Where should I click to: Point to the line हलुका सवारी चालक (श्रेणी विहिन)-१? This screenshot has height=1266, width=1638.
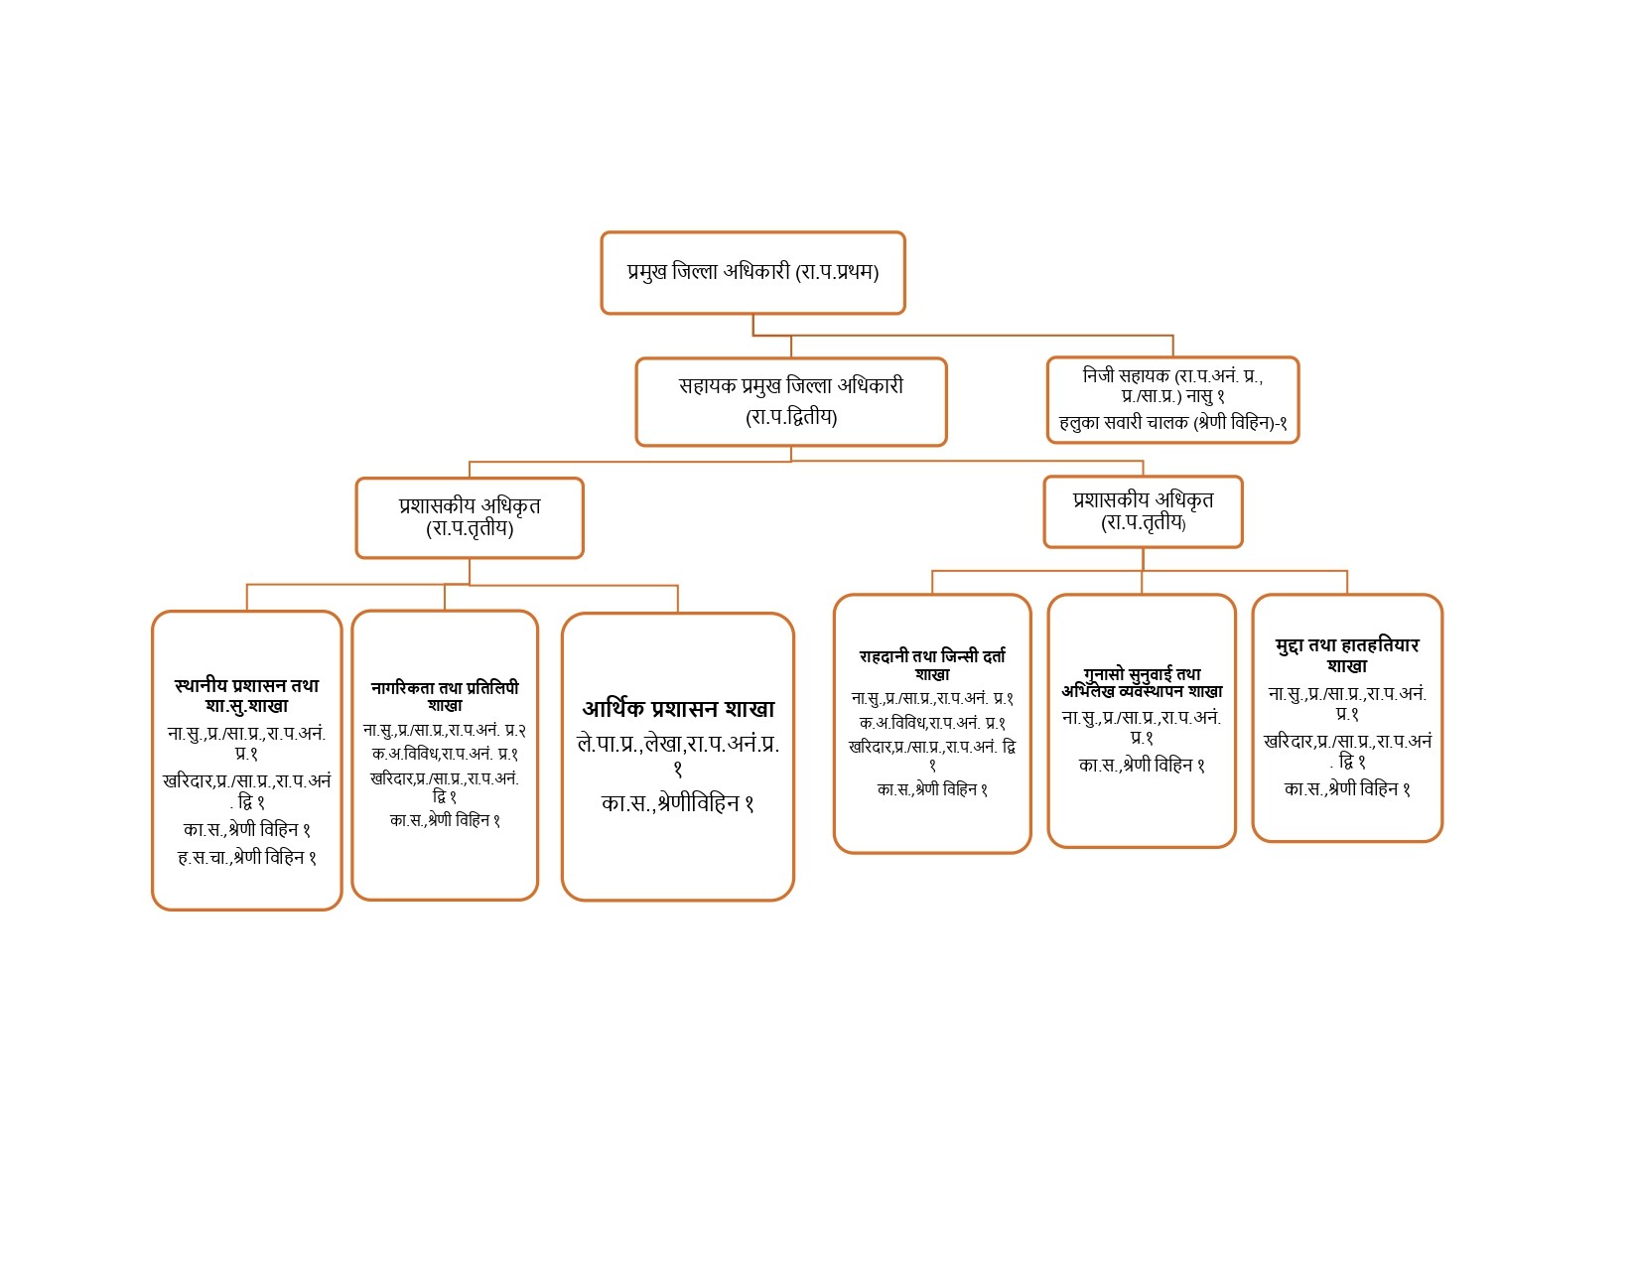[x=1172, y=422]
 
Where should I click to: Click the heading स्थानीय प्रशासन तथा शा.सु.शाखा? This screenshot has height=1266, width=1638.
[x=246, y=695]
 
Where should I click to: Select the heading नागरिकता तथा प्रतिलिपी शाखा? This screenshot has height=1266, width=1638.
[x=445, y=696]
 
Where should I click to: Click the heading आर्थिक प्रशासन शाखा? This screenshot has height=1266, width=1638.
[x=678, y=709]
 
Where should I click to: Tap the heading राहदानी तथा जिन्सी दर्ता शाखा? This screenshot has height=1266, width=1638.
[x=932, y=664]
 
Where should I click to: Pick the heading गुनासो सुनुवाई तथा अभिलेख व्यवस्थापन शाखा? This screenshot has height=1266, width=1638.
[x=1142, y=682]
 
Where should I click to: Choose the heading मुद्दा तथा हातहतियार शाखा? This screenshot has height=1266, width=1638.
[x=1346, y=654]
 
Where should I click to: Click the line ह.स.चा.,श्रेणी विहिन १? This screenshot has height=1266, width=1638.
[x=246, y=857]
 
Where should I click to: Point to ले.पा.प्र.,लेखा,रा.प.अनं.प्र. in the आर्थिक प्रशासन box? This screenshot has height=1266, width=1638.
[x=678, y=744]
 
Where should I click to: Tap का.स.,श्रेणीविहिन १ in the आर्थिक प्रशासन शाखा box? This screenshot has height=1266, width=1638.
[x=677, y=803]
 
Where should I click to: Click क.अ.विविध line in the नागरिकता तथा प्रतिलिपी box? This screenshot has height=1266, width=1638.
[x=445, y=754]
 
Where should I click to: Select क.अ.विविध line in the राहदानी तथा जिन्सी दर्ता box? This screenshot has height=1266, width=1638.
[x=932, y=722]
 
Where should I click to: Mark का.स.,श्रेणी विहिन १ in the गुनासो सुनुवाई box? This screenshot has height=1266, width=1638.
[x=1142, y=766]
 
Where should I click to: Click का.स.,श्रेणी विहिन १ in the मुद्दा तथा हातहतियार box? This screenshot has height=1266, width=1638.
[x=1346, y=789]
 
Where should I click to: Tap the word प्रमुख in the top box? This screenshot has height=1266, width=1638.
[x=646, y=271]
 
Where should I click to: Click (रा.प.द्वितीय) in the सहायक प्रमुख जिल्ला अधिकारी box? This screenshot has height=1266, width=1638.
[x=791, y=417]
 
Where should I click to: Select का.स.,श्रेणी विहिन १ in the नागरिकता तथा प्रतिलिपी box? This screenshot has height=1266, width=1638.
[x=445, y=820]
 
